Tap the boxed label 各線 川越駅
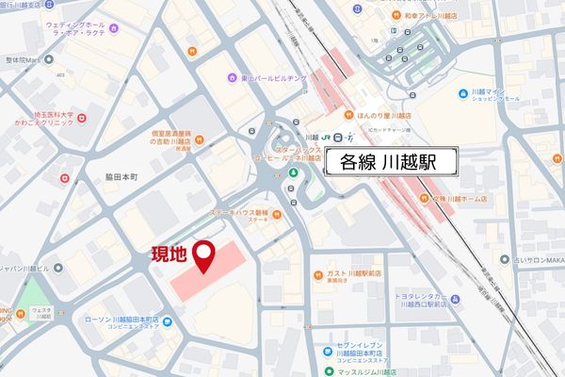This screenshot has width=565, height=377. [x=392, y=162]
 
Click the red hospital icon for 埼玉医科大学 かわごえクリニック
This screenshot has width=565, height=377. [x=82, y=118]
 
